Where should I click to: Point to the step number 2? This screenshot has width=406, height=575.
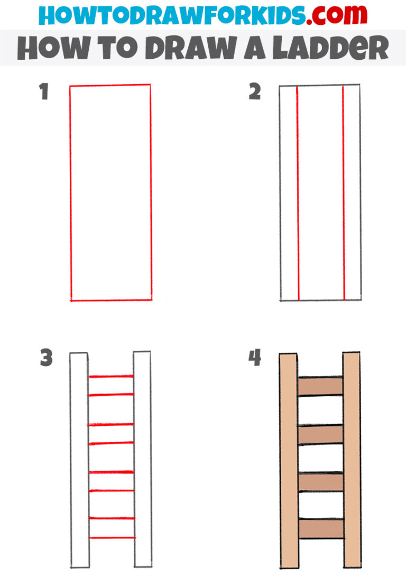255,93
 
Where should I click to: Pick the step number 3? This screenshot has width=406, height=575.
46,359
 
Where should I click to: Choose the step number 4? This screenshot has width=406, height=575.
255,359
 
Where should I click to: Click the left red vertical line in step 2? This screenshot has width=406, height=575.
298,193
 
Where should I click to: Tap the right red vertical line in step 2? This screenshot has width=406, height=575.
344,193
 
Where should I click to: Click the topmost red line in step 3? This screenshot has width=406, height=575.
111,377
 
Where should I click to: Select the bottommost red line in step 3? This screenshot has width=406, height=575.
111,538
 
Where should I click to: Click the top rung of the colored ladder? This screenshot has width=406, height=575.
321,386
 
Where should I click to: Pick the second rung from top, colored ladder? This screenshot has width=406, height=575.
321,435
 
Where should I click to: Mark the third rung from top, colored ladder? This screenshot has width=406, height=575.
321,482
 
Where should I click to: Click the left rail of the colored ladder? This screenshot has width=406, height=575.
289,460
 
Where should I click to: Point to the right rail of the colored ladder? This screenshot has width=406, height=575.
352,460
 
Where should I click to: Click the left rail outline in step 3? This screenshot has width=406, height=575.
79,460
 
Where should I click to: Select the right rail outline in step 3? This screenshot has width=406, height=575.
142,460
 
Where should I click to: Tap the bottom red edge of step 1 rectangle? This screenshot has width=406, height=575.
111,300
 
